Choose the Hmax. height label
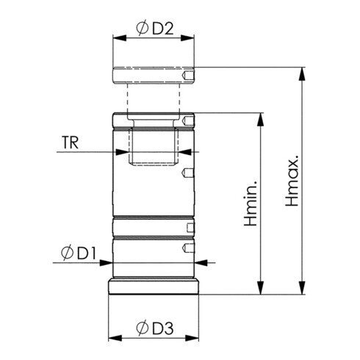coord(292,181)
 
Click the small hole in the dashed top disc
coord(190,76)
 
